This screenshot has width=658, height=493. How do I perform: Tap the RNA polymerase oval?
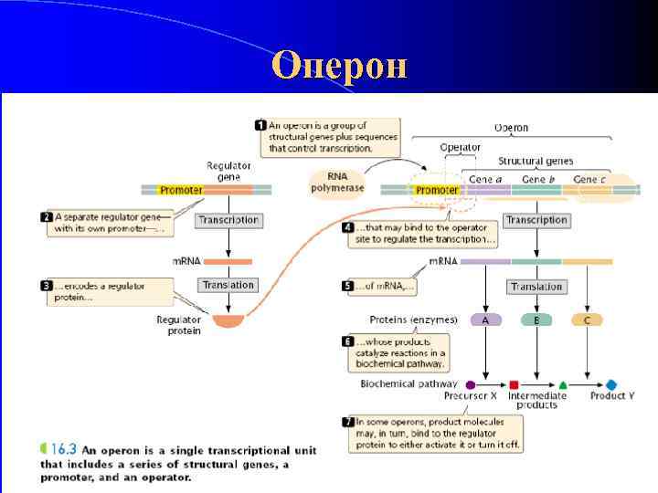pyautogui.click(x=337, y=182)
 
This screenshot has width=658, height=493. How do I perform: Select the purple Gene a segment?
pyautogui.click(x=485, y=190)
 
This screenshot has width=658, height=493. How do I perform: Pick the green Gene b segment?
pyautogui.click(x=538, y=190)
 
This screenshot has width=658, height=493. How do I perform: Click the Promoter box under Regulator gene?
pyautogui.click(x=181, y=190)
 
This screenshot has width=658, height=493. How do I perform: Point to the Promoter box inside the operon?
pyautogui.click(x=436, y=190)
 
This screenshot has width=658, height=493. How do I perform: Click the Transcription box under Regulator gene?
pyautogui.click(x=228, y=220)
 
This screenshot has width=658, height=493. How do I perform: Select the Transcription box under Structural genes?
pyautogui.click(x=536, y=220)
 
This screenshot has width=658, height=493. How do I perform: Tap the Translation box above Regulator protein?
pyautogui.click(x=228, y=285)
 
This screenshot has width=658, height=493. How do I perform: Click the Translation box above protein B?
pyautogui.click(x=536, y=286)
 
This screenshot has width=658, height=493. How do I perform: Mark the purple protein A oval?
pyautogui.click(x=485, y=320)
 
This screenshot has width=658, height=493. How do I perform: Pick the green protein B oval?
pyautogui.click(x=536, y=320)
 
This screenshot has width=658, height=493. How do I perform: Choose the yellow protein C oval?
pyautogui.click(x=587, y=320)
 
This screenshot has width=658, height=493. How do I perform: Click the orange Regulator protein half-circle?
pyautogui.click(x=228, y=320)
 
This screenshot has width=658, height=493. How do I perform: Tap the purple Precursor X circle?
pyautogui.click(x=470, y=385)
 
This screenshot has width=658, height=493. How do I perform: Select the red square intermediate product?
pyautogui.click(x=514, y=385)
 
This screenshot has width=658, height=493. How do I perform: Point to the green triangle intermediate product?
pyautogui.click(x=563, y=385)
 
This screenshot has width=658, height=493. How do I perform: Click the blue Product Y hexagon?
pyautogui.click(x=611, y=385)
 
